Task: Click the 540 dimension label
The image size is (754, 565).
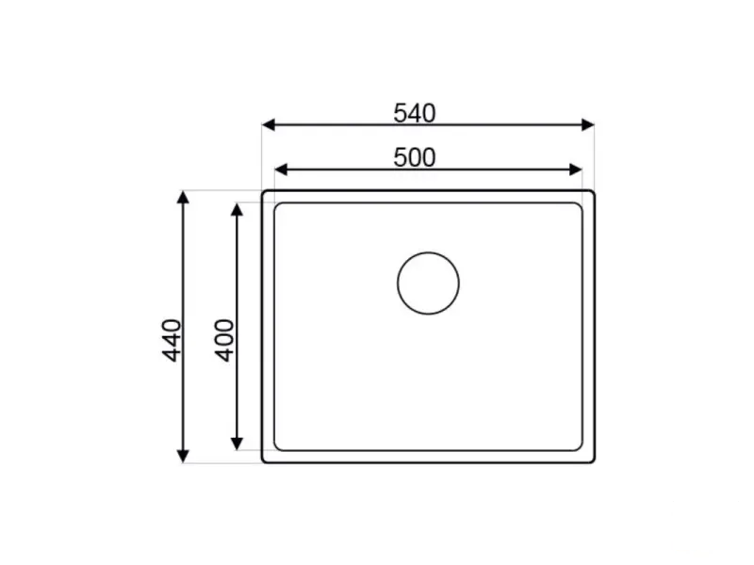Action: tap(415, 113)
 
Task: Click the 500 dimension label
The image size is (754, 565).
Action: tap(415, 157)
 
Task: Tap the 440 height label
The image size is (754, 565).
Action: tap(172, 340)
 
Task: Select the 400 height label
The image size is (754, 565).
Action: tap(224, 340)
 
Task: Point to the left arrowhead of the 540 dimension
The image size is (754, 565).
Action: tap(269, 125)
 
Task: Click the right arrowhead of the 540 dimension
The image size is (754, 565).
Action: tap(588, 125)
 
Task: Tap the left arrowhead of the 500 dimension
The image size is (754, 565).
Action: tap(281, 169)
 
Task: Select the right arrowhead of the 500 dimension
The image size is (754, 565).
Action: tap(576, 169)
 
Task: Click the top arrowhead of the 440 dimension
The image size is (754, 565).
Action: tap(183, 197)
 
